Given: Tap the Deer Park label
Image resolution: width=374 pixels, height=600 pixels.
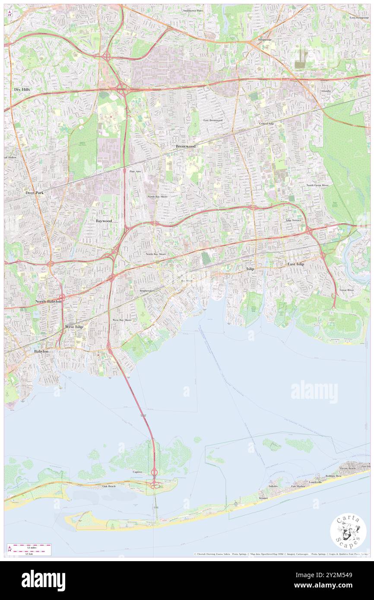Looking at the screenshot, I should (x=35, y=193).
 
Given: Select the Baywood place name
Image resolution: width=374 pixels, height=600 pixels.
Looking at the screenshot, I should (x=104, y=221).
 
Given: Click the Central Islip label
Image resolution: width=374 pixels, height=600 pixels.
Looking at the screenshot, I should (x=266, y=123).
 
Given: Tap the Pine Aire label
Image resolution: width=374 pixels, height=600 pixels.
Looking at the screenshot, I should (x=136, y=171).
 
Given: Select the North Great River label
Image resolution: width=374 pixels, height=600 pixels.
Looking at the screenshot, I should (x=317, y=185).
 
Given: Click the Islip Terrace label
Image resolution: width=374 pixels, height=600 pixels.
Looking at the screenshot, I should (x=293, y=220).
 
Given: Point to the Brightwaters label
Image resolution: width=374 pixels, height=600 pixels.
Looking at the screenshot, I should (x=147, y=291).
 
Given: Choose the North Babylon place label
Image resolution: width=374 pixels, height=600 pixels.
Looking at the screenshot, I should (x=48, y=301).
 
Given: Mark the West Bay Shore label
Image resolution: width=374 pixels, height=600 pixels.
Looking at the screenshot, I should (x=122, y=320).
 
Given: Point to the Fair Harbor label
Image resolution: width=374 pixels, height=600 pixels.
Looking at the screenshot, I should (x=298, y=486).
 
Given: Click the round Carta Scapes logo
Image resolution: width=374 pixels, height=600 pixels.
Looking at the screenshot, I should (x=348, y=531).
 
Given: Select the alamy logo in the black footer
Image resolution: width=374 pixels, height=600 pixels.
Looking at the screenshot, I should (x=43, y=581).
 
